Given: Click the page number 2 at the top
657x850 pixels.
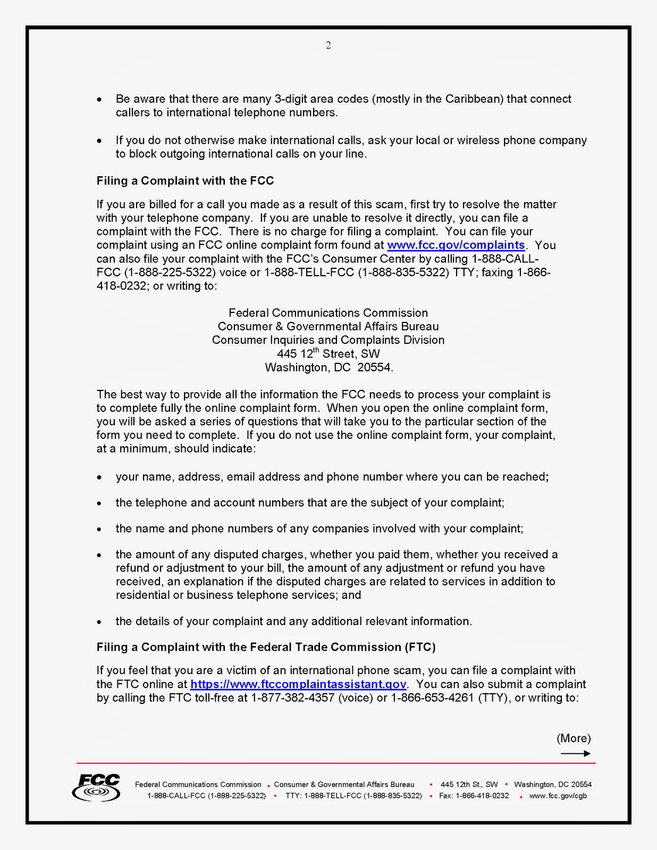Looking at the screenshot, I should click(328, 46).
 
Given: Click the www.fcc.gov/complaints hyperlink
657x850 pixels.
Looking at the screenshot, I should click(456, 245).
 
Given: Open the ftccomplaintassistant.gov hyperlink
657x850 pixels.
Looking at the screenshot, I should click(298, 684).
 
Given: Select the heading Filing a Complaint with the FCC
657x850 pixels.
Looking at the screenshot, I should click(185, 181).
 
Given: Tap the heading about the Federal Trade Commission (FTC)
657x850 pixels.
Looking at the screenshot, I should click(266, 647).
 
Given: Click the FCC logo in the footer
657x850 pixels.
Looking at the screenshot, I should click(97, 787).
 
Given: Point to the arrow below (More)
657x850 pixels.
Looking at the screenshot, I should click(575, 753).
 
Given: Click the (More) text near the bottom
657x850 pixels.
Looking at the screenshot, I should click(574, 738).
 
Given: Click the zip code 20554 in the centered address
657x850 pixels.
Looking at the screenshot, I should click(374, 368).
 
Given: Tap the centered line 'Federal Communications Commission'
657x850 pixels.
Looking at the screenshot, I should click(328, 313).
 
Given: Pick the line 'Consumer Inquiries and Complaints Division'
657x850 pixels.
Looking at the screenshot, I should click(328, 341).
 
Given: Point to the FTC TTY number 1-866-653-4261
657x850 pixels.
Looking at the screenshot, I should click(432, 698).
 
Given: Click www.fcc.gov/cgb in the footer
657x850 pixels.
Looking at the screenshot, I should click(558, 796).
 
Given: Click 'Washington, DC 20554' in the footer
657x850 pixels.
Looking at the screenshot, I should click(553, 785).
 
